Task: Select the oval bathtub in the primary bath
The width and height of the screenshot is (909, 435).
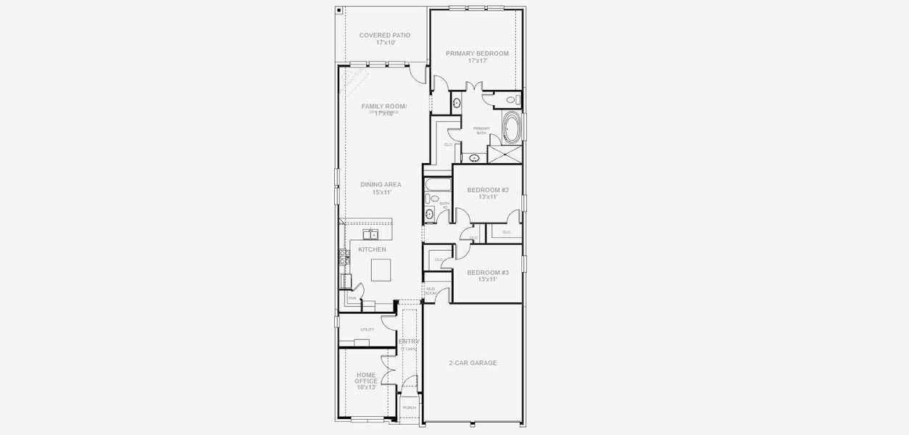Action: [512, 128]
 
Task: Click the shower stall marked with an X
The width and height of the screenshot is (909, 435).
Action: [505, 154]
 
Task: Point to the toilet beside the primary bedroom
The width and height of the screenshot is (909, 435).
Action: [510, 100]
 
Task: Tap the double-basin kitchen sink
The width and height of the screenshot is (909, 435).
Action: [370, 233]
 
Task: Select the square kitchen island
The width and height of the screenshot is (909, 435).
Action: [381, 270]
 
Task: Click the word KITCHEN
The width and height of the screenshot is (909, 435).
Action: [372, 249]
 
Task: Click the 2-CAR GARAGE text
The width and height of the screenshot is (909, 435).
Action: [473, 362]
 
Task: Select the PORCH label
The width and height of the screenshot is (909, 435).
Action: [410, 407]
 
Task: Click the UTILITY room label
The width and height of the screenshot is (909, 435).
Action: [367, 329]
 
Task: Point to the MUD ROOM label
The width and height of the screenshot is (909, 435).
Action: [431, 291]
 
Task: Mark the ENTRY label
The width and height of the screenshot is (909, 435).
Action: [409, 341]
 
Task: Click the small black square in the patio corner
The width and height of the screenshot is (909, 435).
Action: [339, 11]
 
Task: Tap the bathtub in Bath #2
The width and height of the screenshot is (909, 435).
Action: [436, 184]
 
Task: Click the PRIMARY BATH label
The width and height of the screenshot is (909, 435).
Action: [482, 130]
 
